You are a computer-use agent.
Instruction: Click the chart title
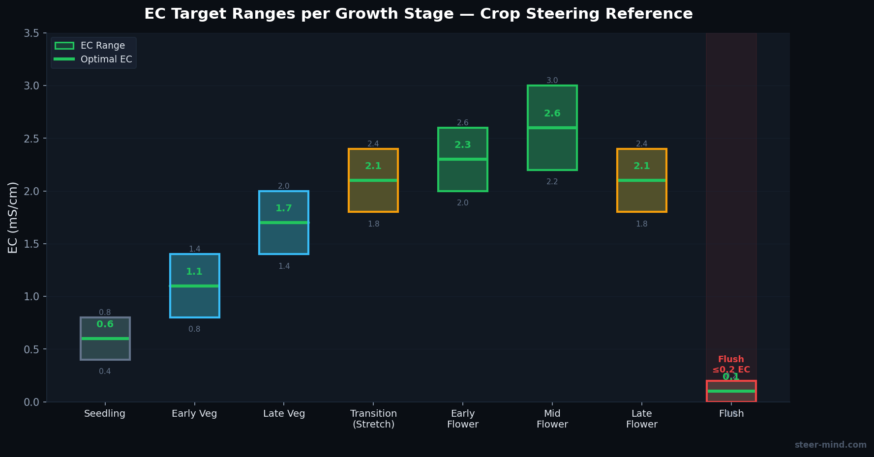418,14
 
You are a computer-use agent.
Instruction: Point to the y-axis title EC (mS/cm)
13,217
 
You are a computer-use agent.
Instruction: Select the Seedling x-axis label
105,414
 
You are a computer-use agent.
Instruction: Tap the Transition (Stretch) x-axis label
373,419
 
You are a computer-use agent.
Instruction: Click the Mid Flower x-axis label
552,419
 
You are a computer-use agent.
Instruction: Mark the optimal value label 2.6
552,114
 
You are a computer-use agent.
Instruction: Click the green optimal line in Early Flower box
462,159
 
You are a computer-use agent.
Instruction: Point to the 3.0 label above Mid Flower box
552,81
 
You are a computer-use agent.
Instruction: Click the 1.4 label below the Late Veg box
284,266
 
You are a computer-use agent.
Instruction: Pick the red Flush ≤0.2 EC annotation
731,365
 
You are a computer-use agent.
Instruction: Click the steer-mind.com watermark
830,445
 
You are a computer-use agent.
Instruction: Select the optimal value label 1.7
284,208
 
